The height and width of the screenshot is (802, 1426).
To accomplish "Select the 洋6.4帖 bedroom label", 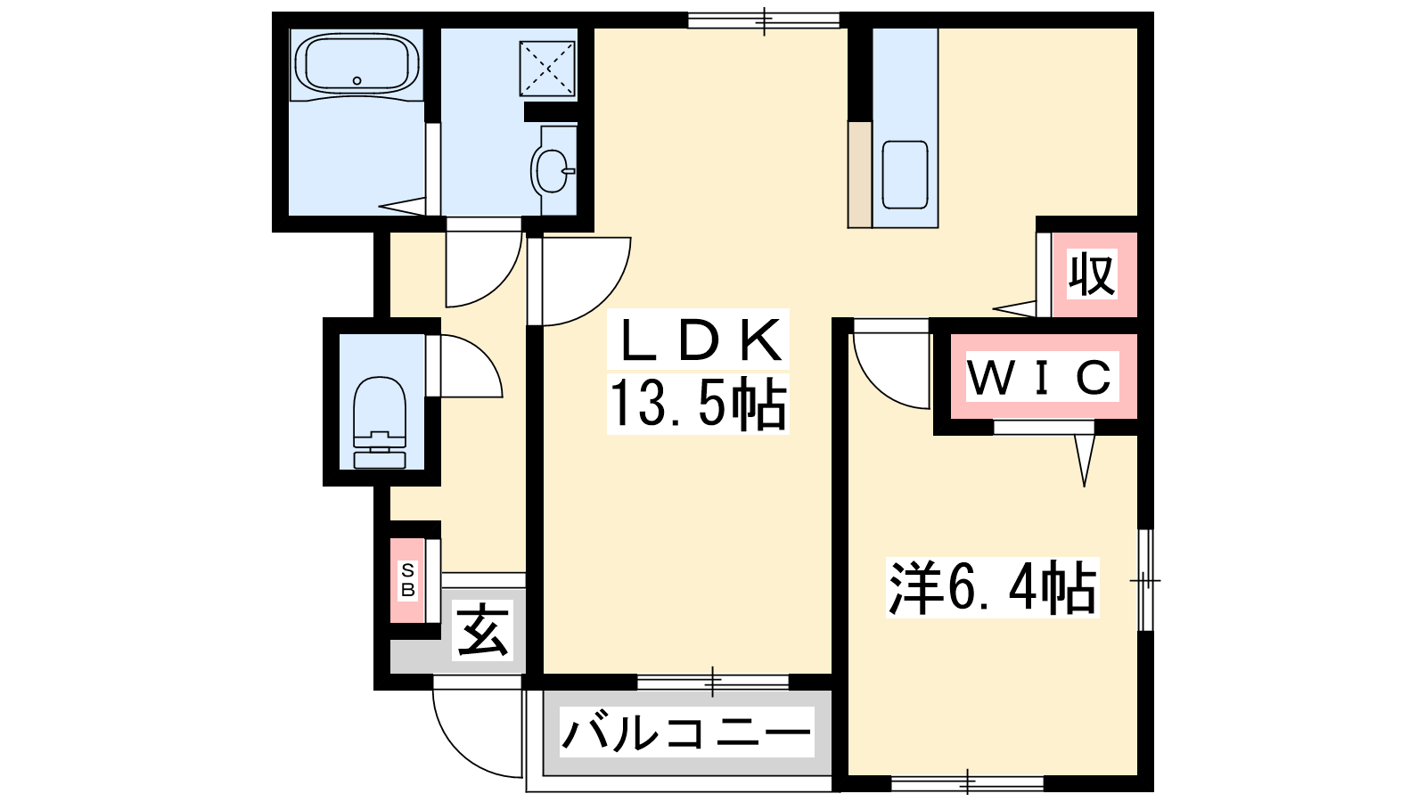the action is [x=993, y=587].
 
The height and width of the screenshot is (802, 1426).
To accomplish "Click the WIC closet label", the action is [x=1042, y=376].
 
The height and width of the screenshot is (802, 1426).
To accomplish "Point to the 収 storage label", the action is [x=1093, y=275].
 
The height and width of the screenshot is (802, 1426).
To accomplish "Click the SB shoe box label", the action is [x=407, y=580].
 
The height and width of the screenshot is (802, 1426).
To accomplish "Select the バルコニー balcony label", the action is [x=686, y=732].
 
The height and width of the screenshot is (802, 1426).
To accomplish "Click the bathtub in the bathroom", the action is [x=357, y=63].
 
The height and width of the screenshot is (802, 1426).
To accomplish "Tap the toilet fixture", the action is [x=380, y=422].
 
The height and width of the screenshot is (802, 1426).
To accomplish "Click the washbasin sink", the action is [x=552, y=170].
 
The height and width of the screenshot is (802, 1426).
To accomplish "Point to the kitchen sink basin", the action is [x=905, y=175].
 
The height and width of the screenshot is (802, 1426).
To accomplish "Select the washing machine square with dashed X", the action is [x=547, y=69].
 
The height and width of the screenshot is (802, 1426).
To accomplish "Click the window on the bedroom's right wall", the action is [x=1145, y=580].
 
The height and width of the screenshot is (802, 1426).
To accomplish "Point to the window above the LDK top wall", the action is [x=764, y=20].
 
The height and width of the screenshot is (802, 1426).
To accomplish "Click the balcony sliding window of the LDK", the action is [x=713, y=682].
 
